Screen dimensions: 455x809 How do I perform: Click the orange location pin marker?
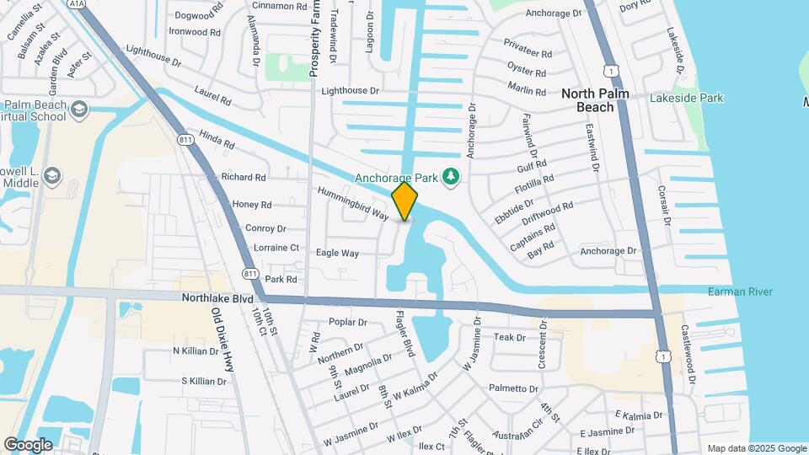coord(404,201)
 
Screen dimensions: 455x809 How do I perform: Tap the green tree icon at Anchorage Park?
coord(453,176)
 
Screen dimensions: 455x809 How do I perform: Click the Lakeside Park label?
coord(687,99)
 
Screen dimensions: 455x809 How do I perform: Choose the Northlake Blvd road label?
coord(217,298)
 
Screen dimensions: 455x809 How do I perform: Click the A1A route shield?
coord(77,3)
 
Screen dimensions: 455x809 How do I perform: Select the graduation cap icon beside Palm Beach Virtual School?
coord(78,109)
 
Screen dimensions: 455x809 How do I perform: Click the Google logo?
coord(29,444)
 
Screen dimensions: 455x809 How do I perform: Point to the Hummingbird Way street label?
coord(353,203)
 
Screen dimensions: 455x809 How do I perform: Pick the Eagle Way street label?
coord(337,253)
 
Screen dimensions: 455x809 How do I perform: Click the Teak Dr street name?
coord(509,337)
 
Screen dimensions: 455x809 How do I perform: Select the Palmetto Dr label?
coord(512,388)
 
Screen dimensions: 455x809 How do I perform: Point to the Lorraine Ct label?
coord(271,248)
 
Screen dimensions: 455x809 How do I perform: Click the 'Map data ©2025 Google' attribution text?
coord(757,448)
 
